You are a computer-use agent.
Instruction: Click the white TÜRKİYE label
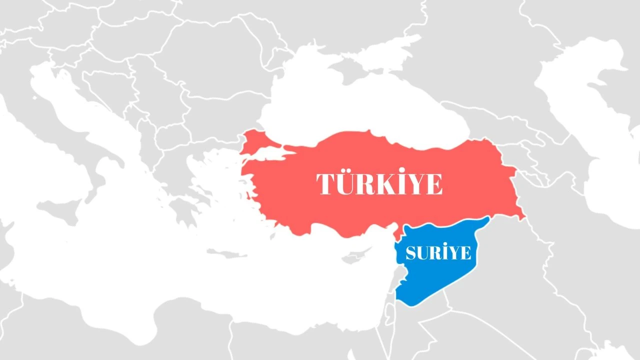pyautogui.click(x=379, y=184)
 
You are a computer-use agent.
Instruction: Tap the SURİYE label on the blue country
pyautogui.click(x=438, y=253)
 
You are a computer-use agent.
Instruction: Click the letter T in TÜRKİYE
pyautogui.click(x=325, y=184)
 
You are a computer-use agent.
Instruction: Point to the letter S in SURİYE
pyautogui.click(x=411, y=253)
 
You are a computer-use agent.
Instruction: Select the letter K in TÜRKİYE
pyautogui.click(x=379, y=184)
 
